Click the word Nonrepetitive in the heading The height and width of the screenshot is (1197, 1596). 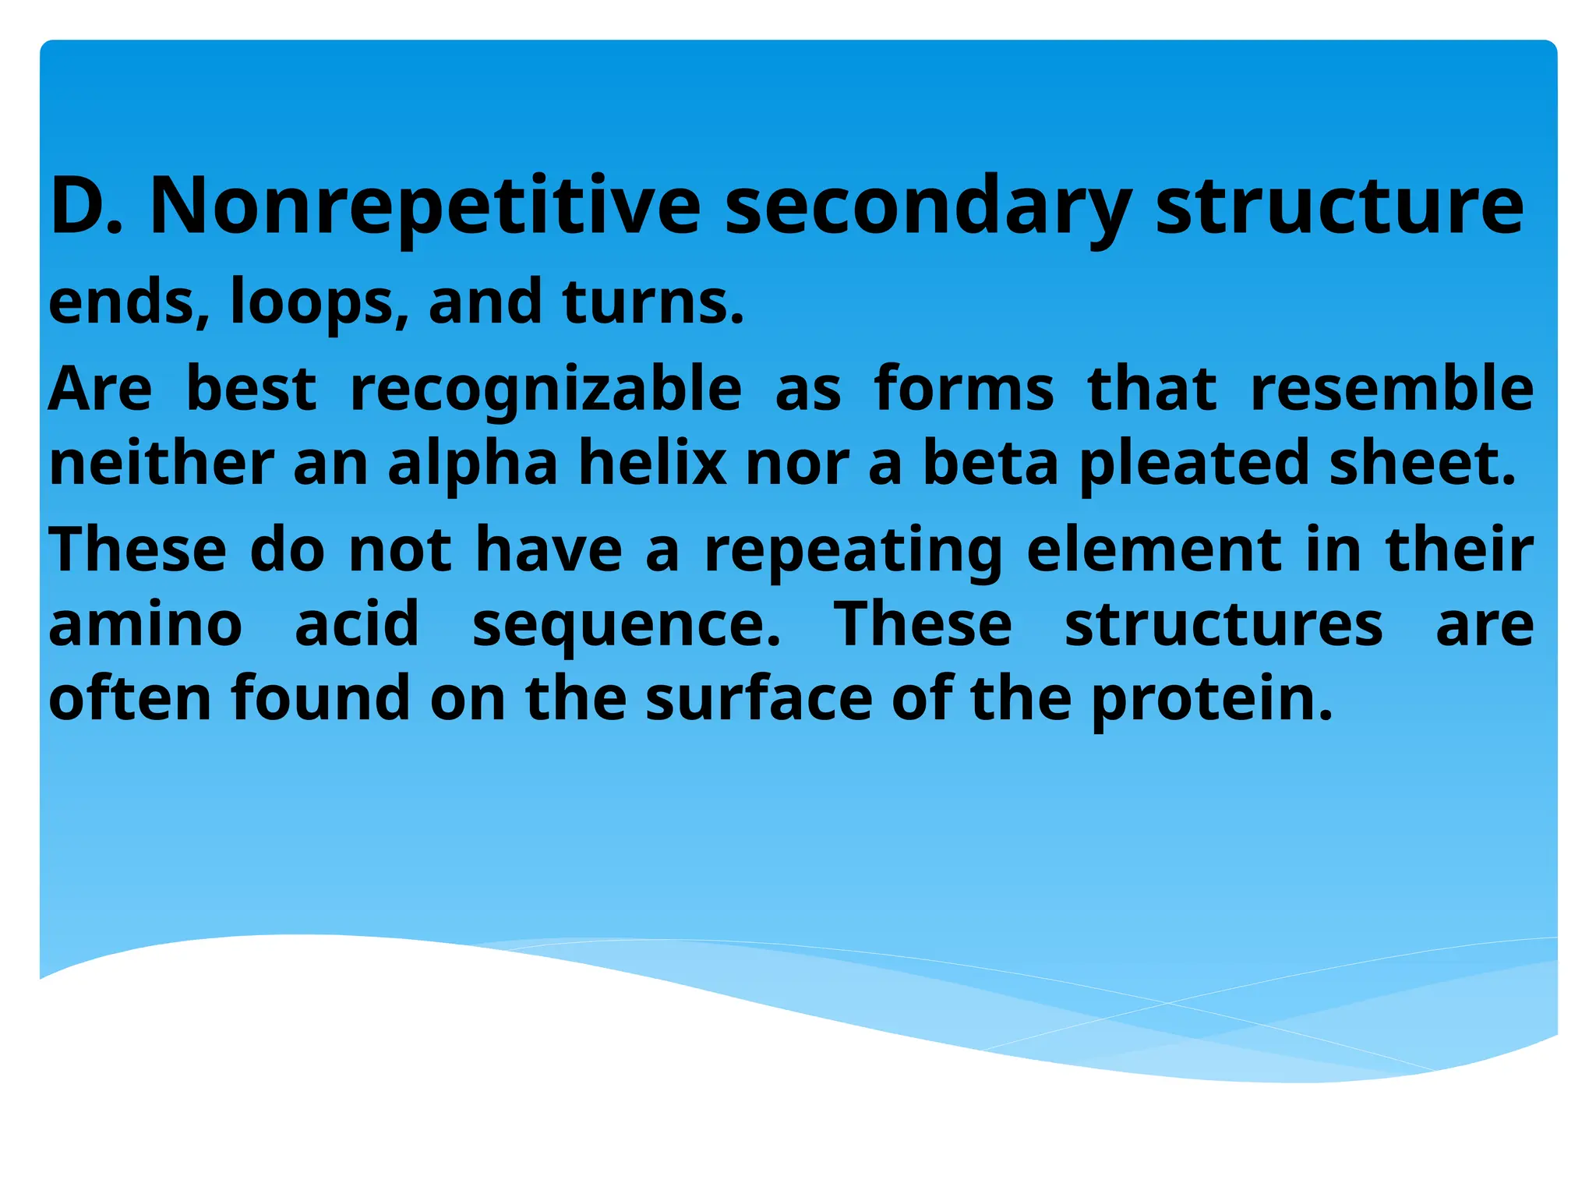[425, 206]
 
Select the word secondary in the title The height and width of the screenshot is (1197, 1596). [927, 206]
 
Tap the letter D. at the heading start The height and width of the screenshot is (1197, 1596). [87, 206]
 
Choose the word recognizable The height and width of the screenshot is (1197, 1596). [546, 389]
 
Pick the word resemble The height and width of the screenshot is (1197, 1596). [1392, 389]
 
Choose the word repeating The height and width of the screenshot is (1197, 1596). [853, 550]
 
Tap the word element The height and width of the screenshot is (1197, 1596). [1153, 550]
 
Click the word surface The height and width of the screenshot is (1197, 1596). [759, 697]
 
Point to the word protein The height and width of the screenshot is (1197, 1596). [1212, 697]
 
